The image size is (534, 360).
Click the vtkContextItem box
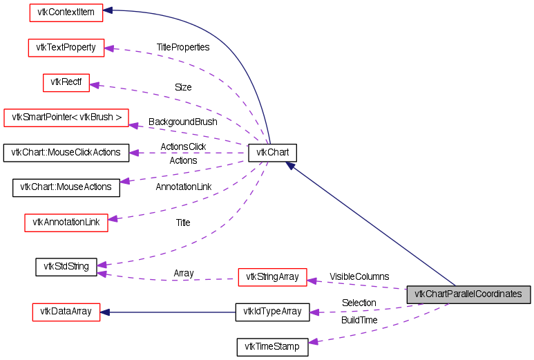pos(66,11)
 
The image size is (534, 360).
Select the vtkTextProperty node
pos(66,48)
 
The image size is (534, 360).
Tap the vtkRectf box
pos(66,83)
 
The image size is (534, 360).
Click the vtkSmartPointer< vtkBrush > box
pos(66,118)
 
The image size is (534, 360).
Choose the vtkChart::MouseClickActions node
pos(66,152)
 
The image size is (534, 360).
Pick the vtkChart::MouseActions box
pos(66,187)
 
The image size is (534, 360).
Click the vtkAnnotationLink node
pos(66,222)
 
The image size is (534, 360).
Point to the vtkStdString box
pos(66,266)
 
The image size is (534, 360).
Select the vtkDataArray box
pos(66,312)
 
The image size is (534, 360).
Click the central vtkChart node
pos(272,153)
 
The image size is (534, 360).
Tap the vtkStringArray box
pos(272,277)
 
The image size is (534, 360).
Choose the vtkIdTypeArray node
pos(272,312)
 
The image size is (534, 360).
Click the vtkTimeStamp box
pos(272,347)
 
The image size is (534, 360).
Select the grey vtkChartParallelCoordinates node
pos(468,294)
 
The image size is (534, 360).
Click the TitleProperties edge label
pos(182,48)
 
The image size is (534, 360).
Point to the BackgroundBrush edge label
pos(182,122)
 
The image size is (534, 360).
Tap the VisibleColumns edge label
pos(359,276)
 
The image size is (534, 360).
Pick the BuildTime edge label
pos(359,320)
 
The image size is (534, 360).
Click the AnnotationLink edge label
pos(183,187)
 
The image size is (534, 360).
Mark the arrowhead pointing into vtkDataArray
pos(106,312)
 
